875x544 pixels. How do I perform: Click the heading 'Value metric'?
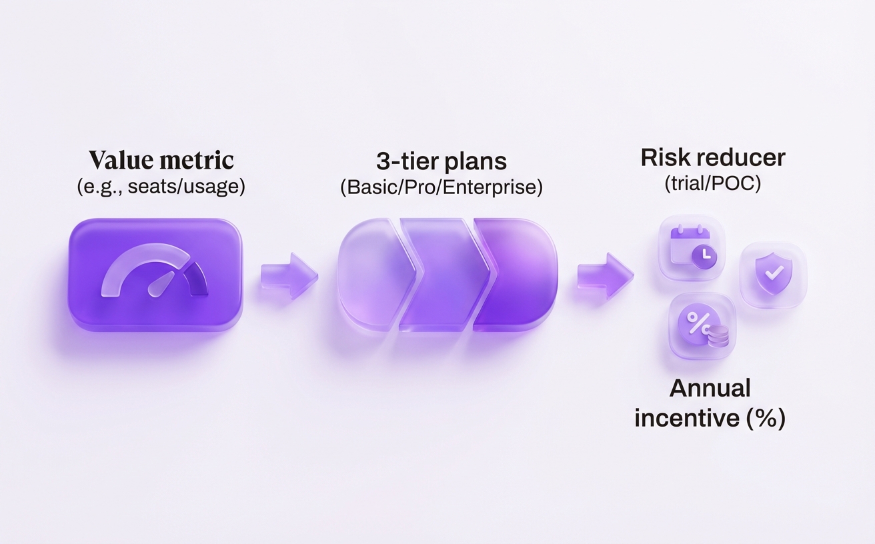161,160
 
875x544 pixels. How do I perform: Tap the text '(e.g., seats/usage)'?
161,187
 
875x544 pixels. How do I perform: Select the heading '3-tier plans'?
441,161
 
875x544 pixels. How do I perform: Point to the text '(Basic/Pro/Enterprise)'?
441,187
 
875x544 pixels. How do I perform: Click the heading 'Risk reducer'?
712,158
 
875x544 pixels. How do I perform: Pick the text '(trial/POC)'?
712,183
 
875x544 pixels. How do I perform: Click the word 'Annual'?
710,388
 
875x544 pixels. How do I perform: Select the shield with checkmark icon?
773,274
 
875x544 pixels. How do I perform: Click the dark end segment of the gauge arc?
197,279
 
